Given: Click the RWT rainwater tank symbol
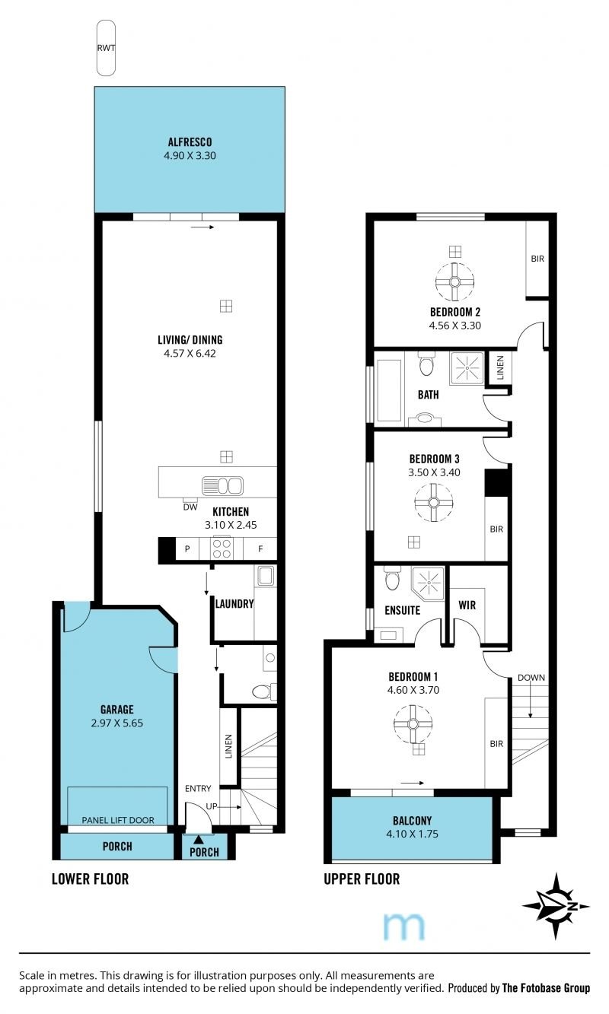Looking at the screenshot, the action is click(106, 47).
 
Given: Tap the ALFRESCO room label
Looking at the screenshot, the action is click(190, 142).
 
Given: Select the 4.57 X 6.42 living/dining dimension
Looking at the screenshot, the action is click(190, 354).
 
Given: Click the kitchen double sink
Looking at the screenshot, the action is click(222, 486).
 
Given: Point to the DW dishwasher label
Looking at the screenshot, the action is click(190, 507).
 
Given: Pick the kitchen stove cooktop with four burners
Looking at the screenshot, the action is click(222, 548).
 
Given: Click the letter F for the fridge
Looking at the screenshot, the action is click(260, 549).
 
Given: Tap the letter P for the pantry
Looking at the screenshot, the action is click(187, 549).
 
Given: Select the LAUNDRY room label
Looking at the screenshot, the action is click(234, 604).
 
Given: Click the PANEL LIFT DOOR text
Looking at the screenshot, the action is click(118, 820).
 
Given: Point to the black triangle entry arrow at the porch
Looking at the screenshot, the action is click(199, 840).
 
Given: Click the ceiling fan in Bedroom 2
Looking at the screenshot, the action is click(455, 281).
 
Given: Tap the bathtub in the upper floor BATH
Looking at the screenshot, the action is click(389, 387).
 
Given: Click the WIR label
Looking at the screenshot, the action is click(467, 605).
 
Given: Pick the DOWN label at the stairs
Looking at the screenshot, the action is click(531, 678).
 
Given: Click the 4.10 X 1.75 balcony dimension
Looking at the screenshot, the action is click(412, 834).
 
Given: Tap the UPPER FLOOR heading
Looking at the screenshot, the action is click(362, 879).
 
